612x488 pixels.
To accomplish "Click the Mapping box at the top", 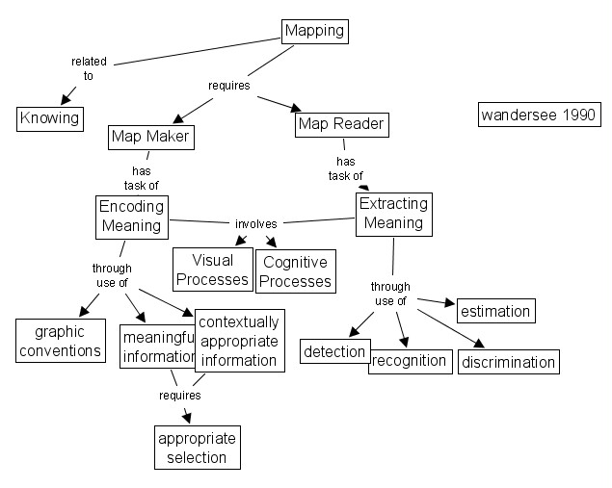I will point(314,31).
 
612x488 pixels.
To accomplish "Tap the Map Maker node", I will point(149,138).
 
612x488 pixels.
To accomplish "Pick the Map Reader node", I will point(341,124).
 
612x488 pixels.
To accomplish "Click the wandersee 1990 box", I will point(537,114).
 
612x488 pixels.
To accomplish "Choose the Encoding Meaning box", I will point(131,217).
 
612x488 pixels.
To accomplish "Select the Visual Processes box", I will point(212,270).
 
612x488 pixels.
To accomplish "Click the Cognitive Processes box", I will point(295,271).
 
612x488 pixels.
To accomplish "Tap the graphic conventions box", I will point(61,341).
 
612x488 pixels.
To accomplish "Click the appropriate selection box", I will point(197,448).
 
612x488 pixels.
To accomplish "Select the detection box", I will point(334,352).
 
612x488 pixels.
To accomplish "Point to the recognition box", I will point(411,361).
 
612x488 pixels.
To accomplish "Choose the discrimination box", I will point(508,362).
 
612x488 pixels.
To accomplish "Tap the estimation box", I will point(495,311).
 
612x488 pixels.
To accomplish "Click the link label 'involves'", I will point(255,224).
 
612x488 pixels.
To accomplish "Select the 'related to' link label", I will point(89,68).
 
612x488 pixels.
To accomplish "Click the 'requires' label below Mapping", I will point(229,85).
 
